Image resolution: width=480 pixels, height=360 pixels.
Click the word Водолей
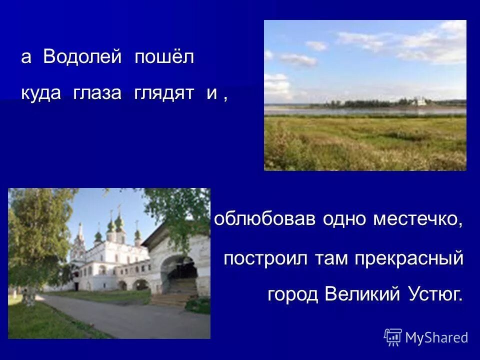pos(82,57)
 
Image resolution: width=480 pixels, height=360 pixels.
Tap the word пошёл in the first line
pos(164,57)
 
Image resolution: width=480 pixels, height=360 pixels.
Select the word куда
pos(41,93)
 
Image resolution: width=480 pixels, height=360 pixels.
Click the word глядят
pos(164,93)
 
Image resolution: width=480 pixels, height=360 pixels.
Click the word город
pos(293,294)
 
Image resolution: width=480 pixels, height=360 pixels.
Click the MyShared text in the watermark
pos(436,337)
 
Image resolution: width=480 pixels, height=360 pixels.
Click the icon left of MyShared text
pos(393,337)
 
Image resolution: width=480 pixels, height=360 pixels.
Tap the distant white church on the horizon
pos(421,101)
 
